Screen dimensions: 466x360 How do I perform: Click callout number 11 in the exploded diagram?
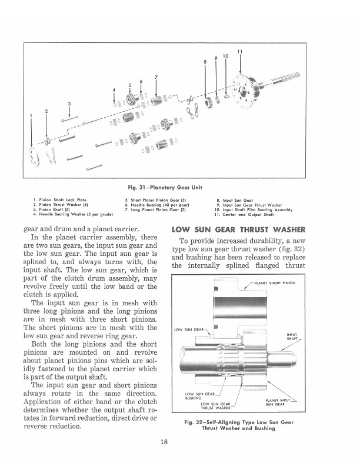click(x=239, y=52)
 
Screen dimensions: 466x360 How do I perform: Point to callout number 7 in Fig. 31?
click(x=156, y=77)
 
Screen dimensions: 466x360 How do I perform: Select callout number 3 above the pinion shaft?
click(x=69, y=105)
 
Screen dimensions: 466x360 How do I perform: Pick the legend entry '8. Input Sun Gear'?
click(x=235, y=201)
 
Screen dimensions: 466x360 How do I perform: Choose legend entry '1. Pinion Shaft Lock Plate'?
click(x=60, y=201)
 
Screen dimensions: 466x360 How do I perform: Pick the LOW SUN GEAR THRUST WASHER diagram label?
click(x=217, y=406)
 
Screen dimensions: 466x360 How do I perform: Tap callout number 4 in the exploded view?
click(x=114, y=89)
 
